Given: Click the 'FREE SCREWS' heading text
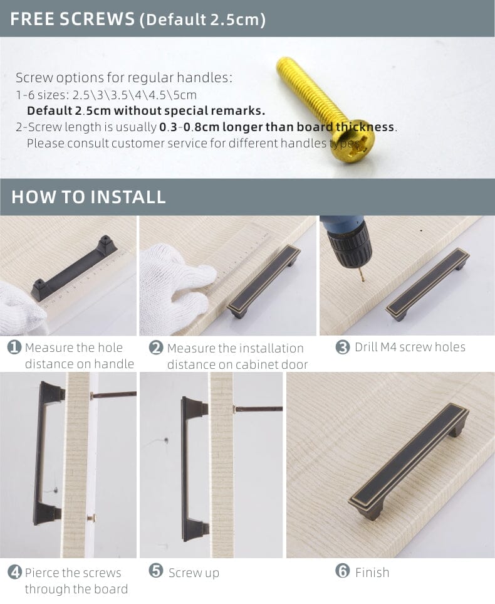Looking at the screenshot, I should pyautogui.click(x=73, y=19).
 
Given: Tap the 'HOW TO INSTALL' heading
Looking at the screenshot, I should pyautogui.click(x=88, y=197).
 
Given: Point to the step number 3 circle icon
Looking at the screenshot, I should pyautogui.click(x=342, y=347).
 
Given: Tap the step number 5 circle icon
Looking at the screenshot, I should pyautogui.click(x=156, y=571).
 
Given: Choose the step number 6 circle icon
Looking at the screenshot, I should pyautogui.click(x=342, y=571).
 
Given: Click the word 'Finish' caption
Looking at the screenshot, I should pyautogui.click(x=372, y=573).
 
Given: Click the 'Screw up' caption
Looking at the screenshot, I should pyautogui.click(x=194, y=573).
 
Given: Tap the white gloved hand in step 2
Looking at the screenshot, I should pyautogui.click(x=172, y=285).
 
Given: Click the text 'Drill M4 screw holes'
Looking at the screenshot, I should pyautogui.click(x=410, y=347).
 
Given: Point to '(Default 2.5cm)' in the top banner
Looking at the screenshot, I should pyautogui.click(x=202, y=19).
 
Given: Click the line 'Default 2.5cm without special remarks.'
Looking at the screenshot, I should pyautogui.click(x=145, y=111).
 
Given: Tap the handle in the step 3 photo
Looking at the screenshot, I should pyautogui.click(x=427, y=283).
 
